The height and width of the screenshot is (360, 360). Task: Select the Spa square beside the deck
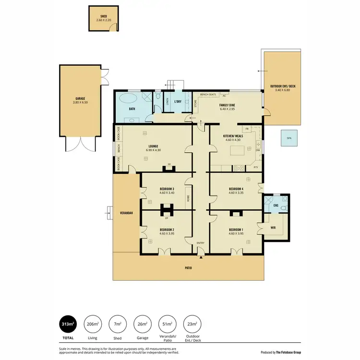pos(289,138)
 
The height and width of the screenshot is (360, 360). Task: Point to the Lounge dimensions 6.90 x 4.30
pos(153,151)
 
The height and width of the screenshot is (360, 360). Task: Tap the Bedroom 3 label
pos(167,189)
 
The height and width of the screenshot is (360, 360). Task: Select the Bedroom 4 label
pos(236,189)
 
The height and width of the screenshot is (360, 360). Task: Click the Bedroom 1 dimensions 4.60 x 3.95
pos(236,234)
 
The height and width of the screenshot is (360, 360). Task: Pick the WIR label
pos(273,228)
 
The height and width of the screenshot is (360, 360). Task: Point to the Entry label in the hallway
pos(201,243)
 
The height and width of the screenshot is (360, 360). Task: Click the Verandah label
pos(127,212)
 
